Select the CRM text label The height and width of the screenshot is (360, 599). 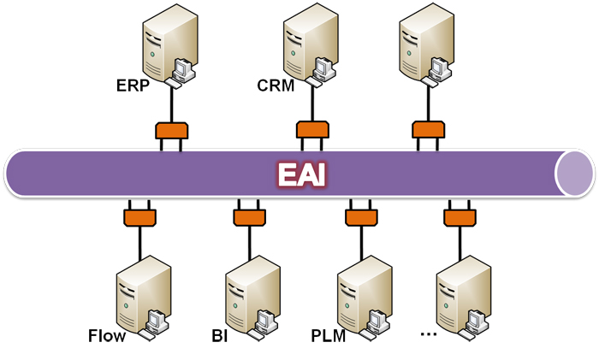pyautogui.click(x=276, y=86)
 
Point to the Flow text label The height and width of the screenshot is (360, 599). pyautogui.click(x=107, y=335)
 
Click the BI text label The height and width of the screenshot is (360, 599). pyautogui.click(x=220, y=335)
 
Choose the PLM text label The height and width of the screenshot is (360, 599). pyautogui.click(x=328, y=335)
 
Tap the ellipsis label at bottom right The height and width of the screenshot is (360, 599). pyautogui.click(x=429, y=333)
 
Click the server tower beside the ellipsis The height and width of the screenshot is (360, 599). pyautogui.click(x=461, y=296)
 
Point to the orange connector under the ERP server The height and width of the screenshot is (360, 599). pyautogui.click(x=171, y=131)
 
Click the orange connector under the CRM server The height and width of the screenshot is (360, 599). pyautogui.click(x=312, y=131)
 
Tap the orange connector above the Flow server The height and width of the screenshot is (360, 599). pyautogui.click(x=138, y=216)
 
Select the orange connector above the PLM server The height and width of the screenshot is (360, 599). pyautogui.click(x=360, y=216)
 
